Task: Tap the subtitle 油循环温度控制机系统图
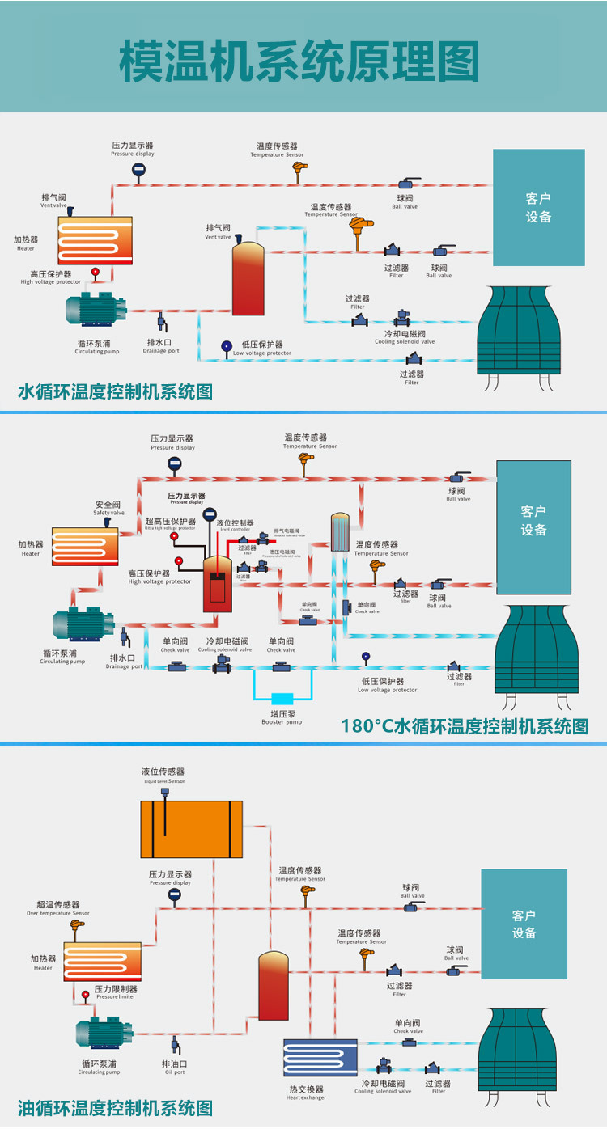point(115,1107)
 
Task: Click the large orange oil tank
point(191,829)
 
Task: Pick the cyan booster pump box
point(282,698)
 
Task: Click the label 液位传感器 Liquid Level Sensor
point(164,776)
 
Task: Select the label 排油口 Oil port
point(174,1067)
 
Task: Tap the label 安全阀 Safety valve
point(108,507)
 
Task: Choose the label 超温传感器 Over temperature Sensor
point(58,908)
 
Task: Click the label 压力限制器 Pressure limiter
point(116,992)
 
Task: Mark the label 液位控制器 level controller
point(235,526)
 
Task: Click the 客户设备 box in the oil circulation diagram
point(524,924)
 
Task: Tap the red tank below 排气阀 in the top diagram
point(248,278)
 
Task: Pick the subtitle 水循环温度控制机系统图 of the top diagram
point(115,392)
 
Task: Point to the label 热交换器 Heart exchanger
point(307,1093)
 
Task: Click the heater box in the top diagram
point(95,240)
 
